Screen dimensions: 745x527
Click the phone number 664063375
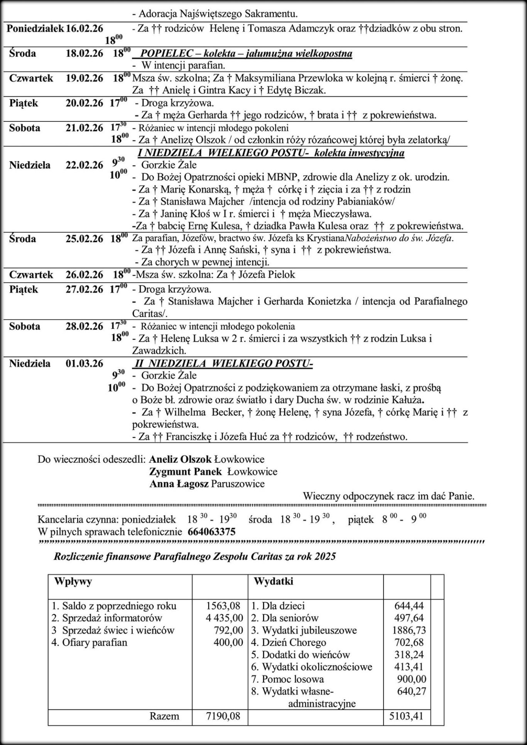point(211,532)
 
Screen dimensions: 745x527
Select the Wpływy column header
point(73,581)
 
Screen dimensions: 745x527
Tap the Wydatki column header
point(273,581)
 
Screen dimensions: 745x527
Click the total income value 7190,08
point(223,716)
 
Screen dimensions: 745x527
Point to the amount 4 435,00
point(224,618)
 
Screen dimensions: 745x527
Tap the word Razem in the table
point(164,716)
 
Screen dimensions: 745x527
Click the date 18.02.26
point(84,53)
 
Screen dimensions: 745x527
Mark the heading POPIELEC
point(170,53)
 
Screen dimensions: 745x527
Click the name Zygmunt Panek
point(185,472)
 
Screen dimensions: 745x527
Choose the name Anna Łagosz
point(179,484)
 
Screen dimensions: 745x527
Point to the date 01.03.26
point(84,363)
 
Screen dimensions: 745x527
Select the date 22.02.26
point(84,165)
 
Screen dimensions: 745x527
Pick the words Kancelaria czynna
point(78,519)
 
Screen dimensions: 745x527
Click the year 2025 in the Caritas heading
point(325,556)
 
